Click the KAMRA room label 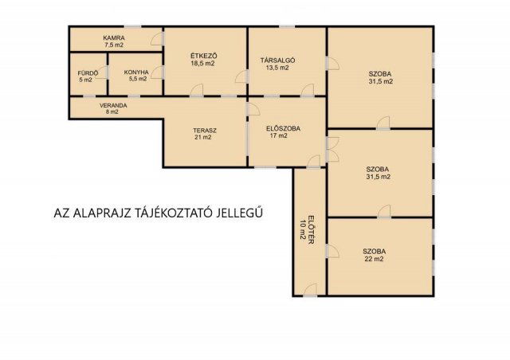(x=114, y=38)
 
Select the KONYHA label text (x=136, y=72)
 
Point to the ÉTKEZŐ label (x=204, y=56)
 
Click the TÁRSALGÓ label (x=278, y=61)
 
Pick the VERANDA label (x=113, y=106)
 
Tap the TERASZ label (x=205, y=131)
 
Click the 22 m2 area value (x=374, y=259)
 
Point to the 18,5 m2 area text (x=202, y=64)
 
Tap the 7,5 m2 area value (x=114, y=45)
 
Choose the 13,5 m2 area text (x=277, y=68)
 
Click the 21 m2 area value (x=202, y=138)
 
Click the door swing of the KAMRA (x=157, y=39)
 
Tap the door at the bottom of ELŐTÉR (x=310, y=290)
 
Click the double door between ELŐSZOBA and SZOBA (x=332, y=149)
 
